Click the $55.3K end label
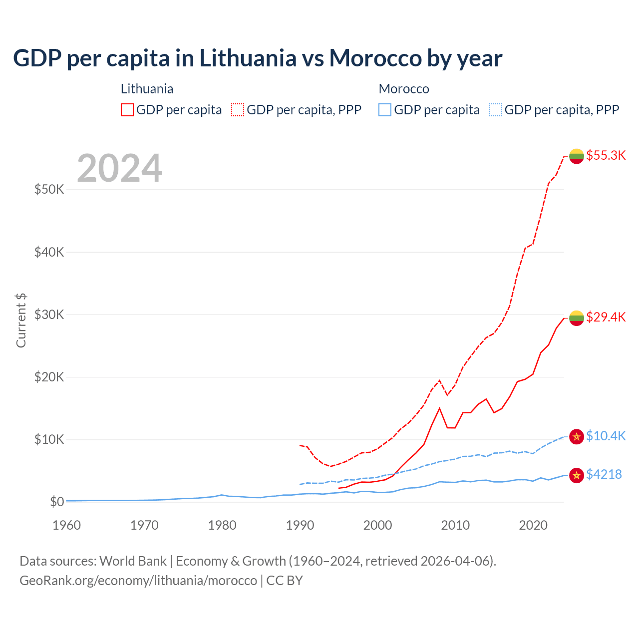pos(606,155)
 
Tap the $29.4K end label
pos(606,317)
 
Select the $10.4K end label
pos(606,436)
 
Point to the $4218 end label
pos(604,474)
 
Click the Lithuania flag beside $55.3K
pos(577,156)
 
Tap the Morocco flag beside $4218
pos(577,475)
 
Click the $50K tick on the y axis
pos(49,190)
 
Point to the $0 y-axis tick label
pos(57,502)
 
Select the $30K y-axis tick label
pos(49,315)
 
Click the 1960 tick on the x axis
pos(66,525)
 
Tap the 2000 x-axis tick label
pos(378,525)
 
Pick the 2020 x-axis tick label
pos(533,525)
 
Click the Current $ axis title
pos(21,320)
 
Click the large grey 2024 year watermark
pos(119,168)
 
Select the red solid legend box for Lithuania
pos(127,110)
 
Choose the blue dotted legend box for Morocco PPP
pos(496,110)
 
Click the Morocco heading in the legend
pos(404,89)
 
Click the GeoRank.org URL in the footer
pos(138,581)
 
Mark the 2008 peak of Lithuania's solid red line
pos(439,408)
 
